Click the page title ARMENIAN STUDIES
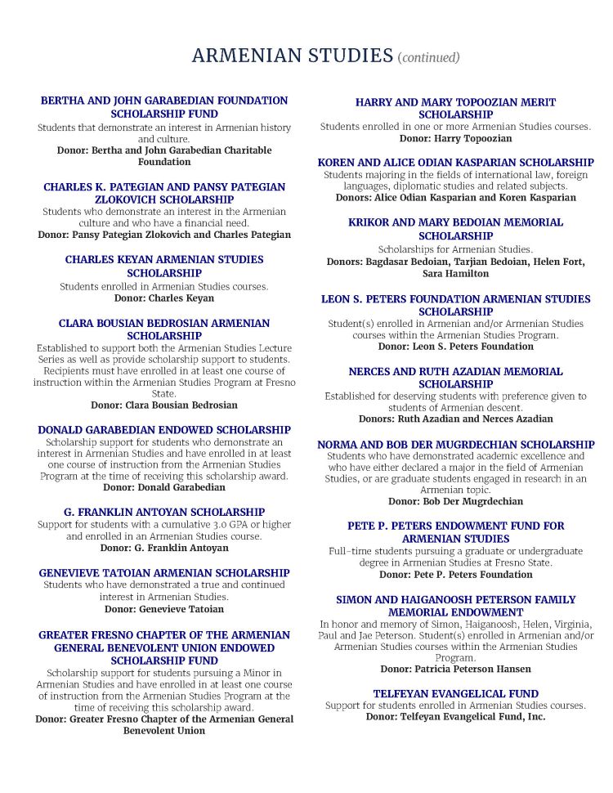[292, 56]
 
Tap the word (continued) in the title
[428, 57]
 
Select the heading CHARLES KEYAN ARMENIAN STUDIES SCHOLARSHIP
[164, 266]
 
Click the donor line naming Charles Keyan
[164, 298]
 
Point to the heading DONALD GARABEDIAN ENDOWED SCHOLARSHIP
[164, 429]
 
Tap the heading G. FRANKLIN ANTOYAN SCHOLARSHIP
[164, 512]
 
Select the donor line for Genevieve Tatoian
[164, 608]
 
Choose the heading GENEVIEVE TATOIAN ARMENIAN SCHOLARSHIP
[164, 573]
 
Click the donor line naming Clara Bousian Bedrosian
[164, 405]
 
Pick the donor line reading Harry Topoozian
[455, 138]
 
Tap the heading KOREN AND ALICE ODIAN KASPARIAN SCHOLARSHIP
[455, 163]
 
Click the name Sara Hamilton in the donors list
[455, 274]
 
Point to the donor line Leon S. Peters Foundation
[455, 347]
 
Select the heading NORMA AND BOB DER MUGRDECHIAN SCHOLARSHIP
[455, 445]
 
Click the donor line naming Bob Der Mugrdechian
[455, 501]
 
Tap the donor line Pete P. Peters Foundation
[455, 575]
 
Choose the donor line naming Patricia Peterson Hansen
[455, 669]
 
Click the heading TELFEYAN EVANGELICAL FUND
[455, 693]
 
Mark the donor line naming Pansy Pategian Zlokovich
[164, 235]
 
